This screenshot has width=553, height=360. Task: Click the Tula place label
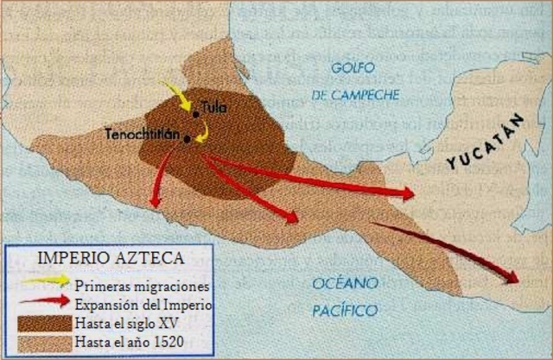214,109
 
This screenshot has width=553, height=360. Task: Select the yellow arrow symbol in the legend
47,280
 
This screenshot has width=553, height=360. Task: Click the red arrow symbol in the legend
47,301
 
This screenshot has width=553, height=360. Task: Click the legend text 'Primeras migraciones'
142,284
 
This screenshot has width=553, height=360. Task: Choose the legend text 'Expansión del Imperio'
143,305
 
